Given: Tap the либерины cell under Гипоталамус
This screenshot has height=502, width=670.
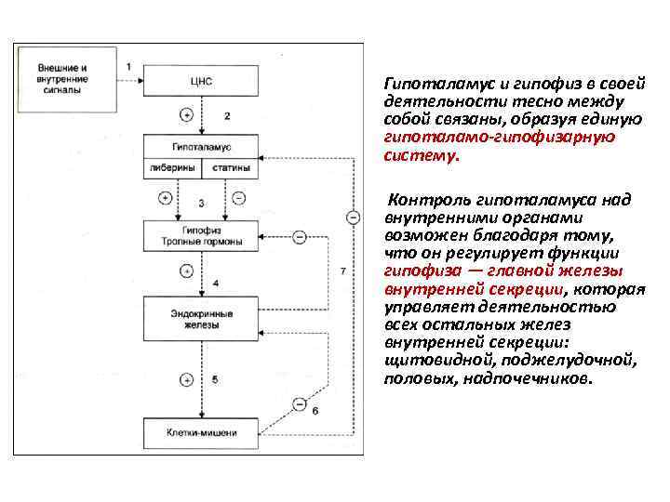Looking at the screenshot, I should tap(172, 169).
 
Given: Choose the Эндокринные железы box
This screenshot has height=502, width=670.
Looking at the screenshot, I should tap(201, 319).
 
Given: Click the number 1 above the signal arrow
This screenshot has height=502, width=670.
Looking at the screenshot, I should tap(128, 65).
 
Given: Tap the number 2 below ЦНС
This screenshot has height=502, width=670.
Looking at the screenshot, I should tap(226, 115).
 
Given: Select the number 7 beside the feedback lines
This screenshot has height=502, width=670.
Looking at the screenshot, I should tap(343, 271).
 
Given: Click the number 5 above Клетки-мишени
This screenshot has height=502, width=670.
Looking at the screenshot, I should tap(215, 379).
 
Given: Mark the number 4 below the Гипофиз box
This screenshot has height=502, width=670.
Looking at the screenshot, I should tap(215, 281).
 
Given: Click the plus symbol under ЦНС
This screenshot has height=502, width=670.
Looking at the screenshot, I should tap(186, 115).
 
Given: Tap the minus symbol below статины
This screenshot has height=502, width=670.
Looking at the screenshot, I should tap(237, 198).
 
